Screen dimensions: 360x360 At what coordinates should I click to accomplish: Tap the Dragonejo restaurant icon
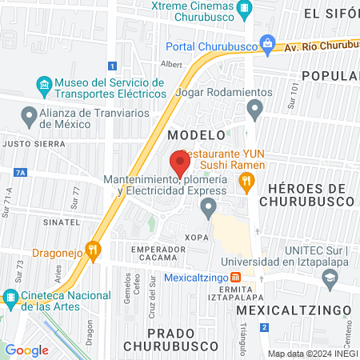tap(93, 250)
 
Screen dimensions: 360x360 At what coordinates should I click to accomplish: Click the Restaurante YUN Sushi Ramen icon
tap(246, 183)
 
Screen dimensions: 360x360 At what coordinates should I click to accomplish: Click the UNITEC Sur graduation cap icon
tap(329, 277)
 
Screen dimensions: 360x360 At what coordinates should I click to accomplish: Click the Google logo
tap(26, 350)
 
